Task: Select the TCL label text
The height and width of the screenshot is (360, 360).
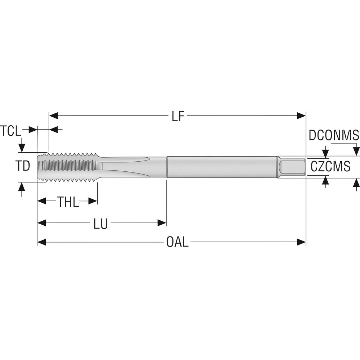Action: [x=10, y=131]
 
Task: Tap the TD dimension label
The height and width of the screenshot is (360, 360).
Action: [x=22, y=166]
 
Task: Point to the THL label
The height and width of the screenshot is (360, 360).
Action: [x=68, y=202]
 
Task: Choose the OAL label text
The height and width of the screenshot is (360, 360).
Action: [x=177, y=242]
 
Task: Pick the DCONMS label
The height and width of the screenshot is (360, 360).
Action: [x=334, y=135]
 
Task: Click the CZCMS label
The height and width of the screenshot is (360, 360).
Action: [x=330, y=167]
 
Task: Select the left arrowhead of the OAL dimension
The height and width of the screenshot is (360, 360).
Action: [x=42, y=242]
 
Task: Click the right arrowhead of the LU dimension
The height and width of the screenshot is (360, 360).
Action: [x=162, y=223]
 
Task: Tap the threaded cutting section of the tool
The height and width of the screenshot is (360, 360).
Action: [x=68, y=166]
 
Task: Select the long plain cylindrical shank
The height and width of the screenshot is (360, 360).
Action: [x=221, y=167]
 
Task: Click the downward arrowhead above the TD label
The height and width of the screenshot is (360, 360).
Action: [x=22, y=148]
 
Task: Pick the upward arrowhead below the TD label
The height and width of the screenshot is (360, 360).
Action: [x=22, y=187]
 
